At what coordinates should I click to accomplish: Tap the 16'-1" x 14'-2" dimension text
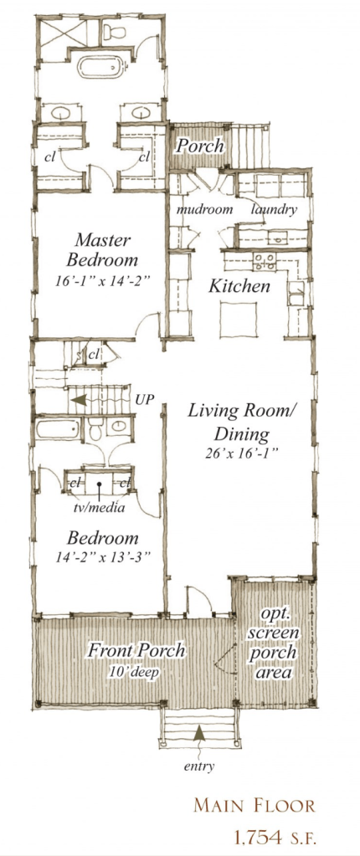(x=103, y=282)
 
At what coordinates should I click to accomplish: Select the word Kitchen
(x=239, y=286)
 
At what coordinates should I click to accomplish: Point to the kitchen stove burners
(x=264, y=262)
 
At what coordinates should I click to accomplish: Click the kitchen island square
(x=239, y=317)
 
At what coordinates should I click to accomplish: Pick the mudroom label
(x=204, y=209)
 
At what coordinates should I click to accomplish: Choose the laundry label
(x=274, y=209)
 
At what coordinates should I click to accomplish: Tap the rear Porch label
(x=199, y=146)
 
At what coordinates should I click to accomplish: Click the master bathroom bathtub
(x=101, y=69)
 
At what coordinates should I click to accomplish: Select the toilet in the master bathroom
(x=114, y=31)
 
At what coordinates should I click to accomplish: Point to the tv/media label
(x=99, y=508)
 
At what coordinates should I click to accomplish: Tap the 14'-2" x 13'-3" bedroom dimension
(x=103, y=558)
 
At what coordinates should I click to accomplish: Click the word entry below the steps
(x=199, y=766)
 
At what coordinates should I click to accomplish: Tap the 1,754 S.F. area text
(x=275, y=836)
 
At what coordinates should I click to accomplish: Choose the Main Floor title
(x=255, y=805)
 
